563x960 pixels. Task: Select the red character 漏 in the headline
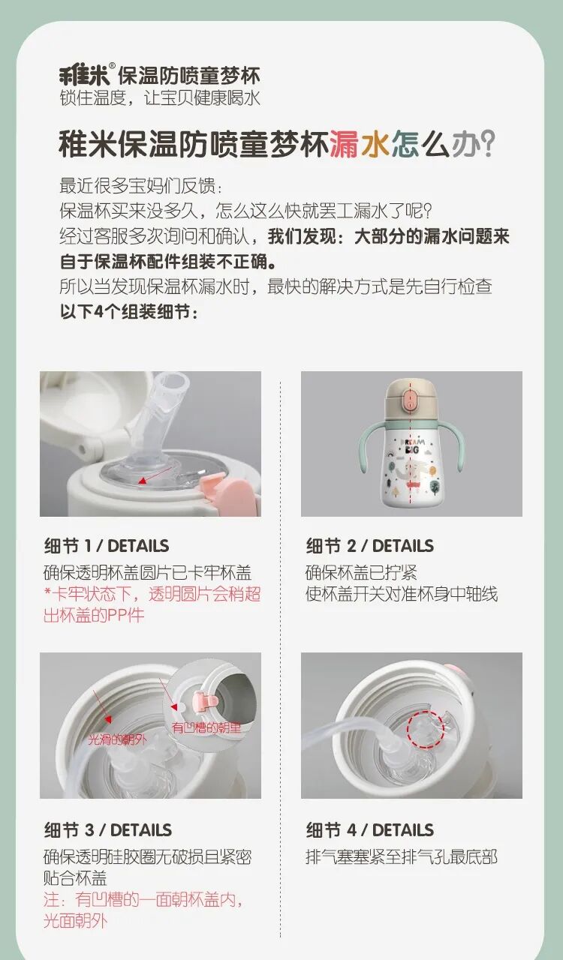[x=344, y=143]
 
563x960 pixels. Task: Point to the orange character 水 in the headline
[x=375, y=143]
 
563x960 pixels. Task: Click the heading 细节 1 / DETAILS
[x=107, y=545]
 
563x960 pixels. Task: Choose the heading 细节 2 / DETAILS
[x=369, y=545]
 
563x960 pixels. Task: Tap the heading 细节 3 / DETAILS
[x=107, y=829]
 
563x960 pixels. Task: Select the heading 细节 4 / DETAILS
[x=369, y=829]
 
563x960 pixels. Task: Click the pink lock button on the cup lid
[x=411, y=401]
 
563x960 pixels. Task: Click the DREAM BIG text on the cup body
[x=411, y=445]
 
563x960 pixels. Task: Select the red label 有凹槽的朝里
[x=206, y=727]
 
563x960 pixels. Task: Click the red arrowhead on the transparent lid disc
[x=141, y=481]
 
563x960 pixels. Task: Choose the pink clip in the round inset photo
[x=206, y=701]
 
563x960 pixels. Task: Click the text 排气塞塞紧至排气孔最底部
[x=401, y=857]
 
